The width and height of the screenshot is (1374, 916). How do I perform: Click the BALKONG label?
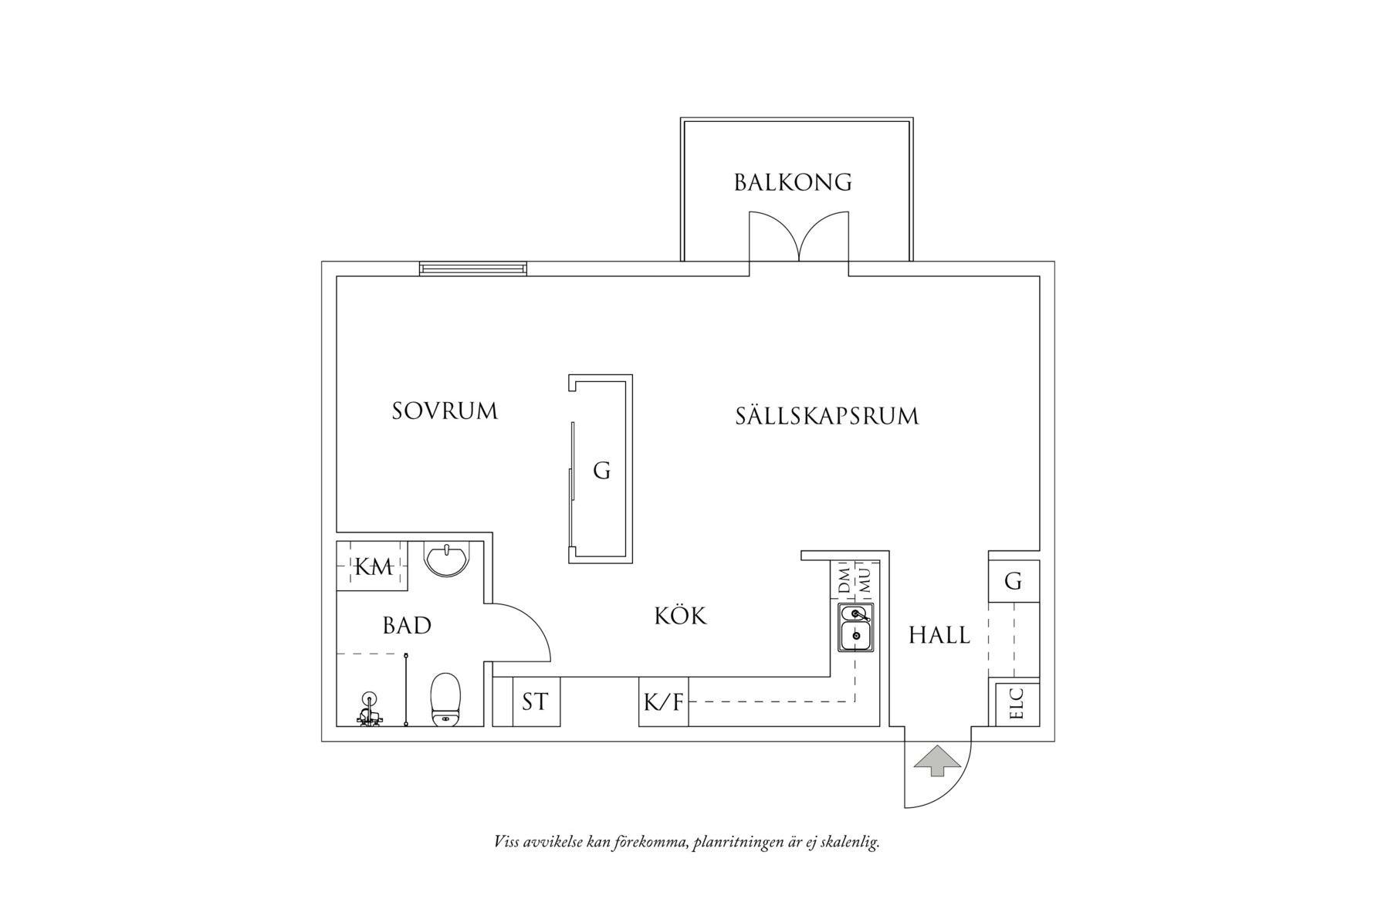(x=793, y=182)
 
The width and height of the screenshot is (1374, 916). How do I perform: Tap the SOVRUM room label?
(x=445, y=411)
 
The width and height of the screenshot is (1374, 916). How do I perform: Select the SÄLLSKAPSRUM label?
(x=827, y=416)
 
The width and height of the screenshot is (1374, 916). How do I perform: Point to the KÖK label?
(x=680, y=616)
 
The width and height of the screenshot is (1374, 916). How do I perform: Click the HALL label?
(x=939, y=635)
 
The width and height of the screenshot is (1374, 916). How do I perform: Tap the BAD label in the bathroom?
(x=407, y=625)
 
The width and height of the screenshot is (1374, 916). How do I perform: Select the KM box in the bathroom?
(x=373, y=566)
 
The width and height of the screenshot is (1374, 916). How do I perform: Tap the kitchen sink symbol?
(x=856, y=628)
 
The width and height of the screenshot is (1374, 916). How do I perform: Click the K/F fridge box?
(x=663, y=702)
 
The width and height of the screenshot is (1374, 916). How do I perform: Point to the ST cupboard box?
(x=535, y=702)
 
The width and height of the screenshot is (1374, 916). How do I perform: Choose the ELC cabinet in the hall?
(x=1015, y=704)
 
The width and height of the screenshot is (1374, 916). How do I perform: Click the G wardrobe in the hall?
(x=1014, y=581)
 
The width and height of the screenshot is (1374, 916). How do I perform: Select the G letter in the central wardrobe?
(x=601, y=470)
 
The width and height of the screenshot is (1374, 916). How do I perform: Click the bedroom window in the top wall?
(x=473, y=269)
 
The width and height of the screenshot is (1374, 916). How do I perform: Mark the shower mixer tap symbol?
(x=371, y=711)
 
